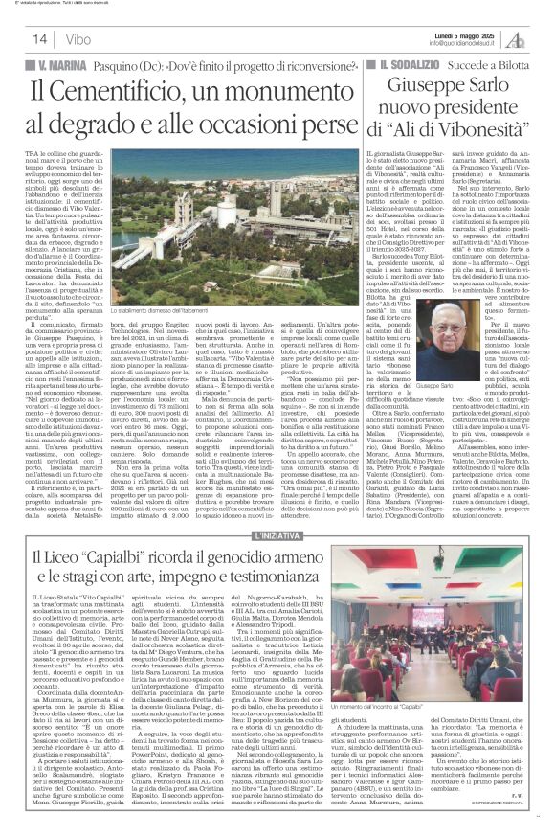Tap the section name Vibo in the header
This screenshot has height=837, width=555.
(60, 38)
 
